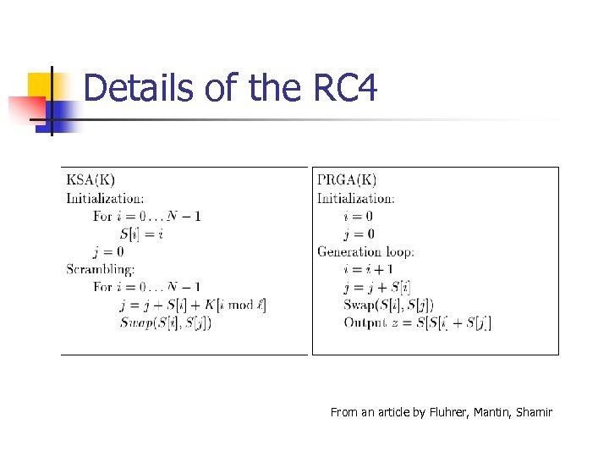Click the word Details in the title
[139, 87]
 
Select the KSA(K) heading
[91, 179]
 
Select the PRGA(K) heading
[347, 179]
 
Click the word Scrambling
[101, 269]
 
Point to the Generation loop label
[365, 251]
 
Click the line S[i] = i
[141, 234]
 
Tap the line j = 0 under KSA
[108, 251]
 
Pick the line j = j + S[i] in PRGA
[377, 287]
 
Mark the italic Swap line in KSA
[165, 322]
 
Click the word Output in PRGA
[363, 322]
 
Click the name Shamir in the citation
[533, 412]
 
